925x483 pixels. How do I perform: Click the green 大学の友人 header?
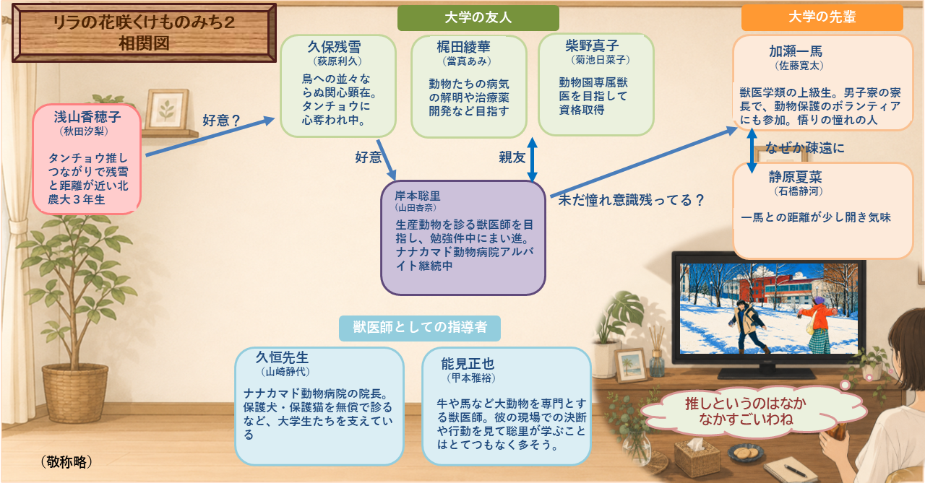tap(478, 18)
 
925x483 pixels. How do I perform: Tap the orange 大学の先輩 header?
tap(822, 17)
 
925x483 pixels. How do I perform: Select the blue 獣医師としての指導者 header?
tap(420, 328)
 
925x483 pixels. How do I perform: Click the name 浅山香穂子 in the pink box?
tap(87, 117)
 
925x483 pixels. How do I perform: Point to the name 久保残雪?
tap(334, 47)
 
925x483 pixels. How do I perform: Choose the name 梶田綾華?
tap(463, 47)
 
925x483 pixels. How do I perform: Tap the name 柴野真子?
tap(592, 45)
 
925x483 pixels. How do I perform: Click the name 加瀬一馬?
tap(796, 51)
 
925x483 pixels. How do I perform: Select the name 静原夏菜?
tap(796, 177)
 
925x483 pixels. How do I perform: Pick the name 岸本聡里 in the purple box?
tap(418, 196)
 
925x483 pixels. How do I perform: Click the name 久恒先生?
tap(282, 357)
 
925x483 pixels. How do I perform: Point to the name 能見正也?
tap(468, 364)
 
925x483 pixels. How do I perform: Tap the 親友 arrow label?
tap(512, 157)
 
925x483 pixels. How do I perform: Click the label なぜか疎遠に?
tap(804, 148)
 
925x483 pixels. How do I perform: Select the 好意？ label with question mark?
tap(222, 121)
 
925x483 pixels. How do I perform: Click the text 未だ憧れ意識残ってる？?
tap(632, 200)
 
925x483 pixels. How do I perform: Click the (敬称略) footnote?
tap(66, 462)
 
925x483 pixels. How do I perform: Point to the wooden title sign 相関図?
tap(144, 33)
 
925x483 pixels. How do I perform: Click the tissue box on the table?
tap(698, 457)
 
